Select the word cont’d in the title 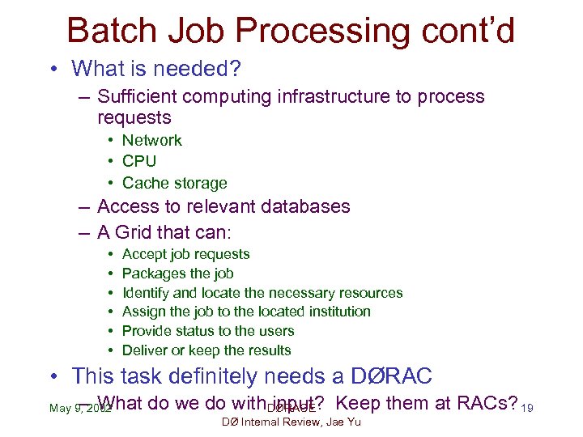pos(470,31)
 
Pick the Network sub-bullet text pos(152,140)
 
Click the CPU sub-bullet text pos(139,161)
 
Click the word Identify pos(146,293)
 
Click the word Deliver pos(145,350)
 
